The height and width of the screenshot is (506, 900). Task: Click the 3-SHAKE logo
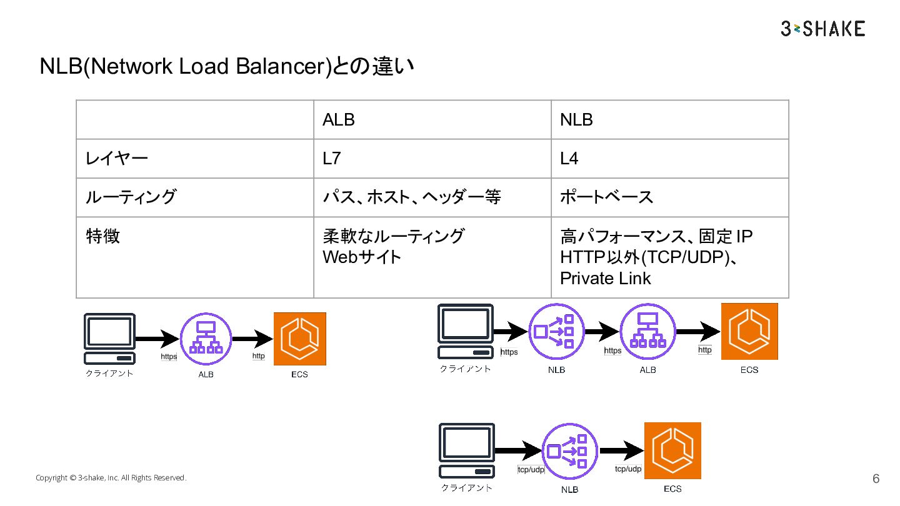822,29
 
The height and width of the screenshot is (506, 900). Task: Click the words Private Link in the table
605,278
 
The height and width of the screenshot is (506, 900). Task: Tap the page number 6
876,479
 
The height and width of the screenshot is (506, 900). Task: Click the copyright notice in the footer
111,478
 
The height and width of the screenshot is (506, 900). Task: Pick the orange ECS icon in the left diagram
299,339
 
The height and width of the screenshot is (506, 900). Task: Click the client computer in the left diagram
109,339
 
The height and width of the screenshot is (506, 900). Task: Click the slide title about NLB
227,66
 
